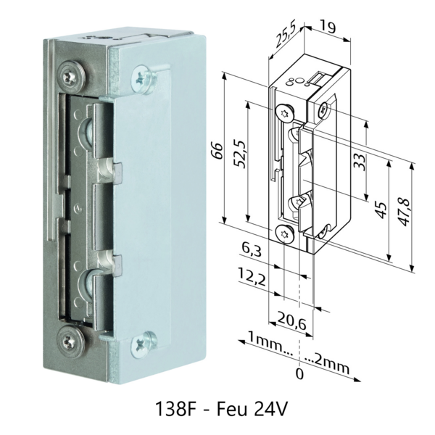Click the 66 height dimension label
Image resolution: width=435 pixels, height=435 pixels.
click(x=215, y=148)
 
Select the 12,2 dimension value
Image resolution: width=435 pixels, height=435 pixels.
click(x=250, y=276)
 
